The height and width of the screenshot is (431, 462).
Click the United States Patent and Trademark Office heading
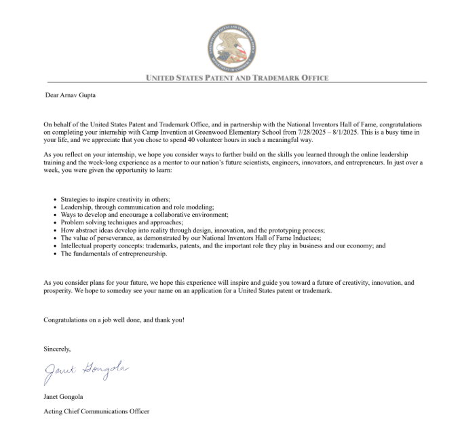pyautogui.click(x=237, y=78)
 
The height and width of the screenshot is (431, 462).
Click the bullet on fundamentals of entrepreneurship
pyautogui.click(x=113, y=254)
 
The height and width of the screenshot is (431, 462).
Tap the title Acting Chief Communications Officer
pyautogui.click(x=96, y=411)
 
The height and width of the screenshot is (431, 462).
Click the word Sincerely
pyautogui.click(x=57, y=349)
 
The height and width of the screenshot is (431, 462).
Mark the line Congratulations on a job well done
pyautogui.click(x=113, y=319)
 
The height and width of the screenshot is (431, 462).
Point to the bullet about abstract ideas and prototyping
pyautogui.click(x=193, y=230)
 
